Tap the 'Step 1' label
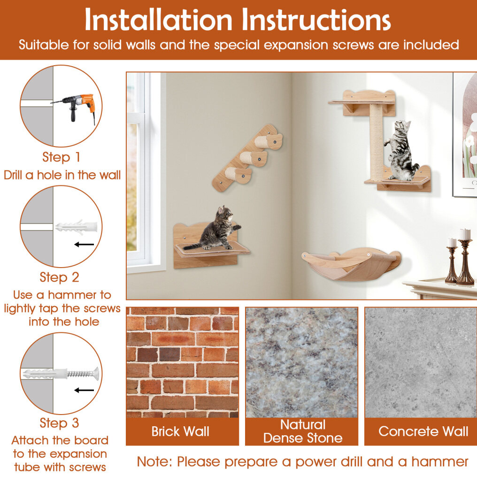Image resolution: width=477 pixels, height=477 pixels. click(x=61, y=157)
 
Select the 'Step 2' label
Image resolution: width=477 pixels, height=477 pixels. click(x=60, y=277)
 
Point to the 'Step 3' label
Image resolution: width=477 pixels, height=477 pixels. click(x=60, y=423)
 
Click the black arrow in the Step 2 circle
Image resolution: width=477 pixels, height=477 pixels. click(x=84, y=244)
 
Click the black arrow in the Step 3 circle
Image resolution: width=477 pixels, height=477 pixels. click(x=84, y=390)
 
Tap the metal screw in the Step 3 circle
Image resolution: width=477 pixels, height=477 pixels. click(x=83, y=374)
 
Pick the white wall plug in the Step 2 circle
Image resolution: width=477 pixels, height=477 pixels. click(x=77, y=227)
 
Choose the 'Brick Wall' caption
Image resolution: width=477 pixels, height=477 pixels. click(x=180, y=431)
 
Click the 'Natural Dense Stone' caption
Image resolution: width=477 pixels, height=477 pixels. click(x=303, y=431)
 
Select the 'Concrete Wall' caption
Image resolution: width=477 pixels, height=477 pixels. click(x=423, y=431)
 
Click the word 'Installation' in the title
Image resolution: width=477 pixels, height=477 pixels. click(x=159, y=20)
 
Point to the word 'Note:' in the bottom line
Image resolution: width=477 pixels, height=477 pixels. click(x=154, y=462)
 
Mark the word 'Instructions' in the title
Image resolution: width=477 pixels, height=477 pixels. click(x=316, y=20)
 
